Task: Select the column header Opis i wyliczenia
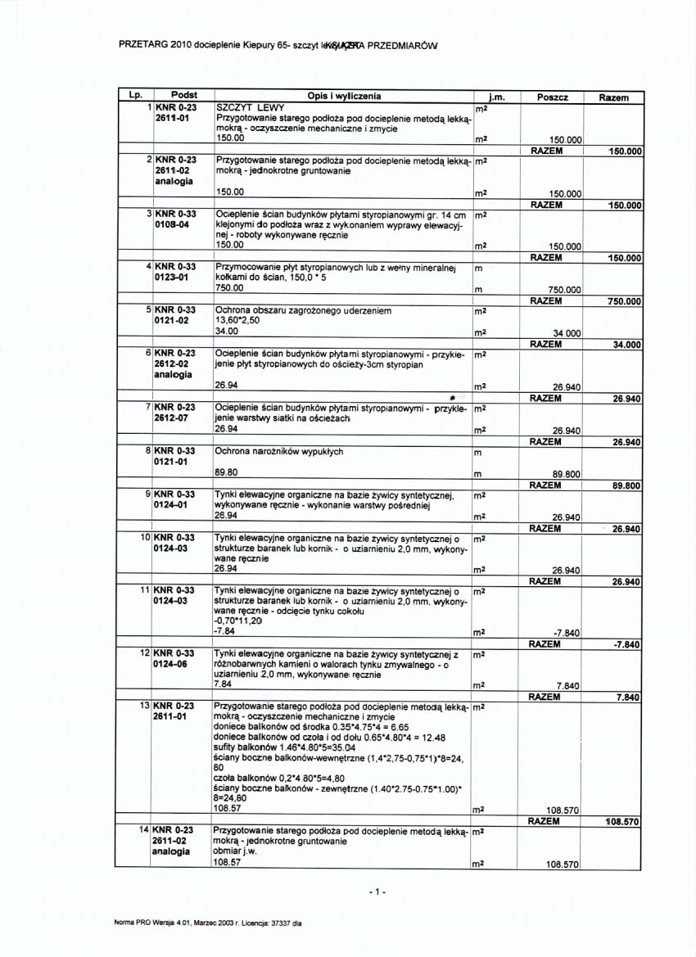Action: click(344, 97)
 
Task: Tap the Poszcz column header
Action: click(553, 97)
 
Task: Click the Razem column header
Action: click(613, 97)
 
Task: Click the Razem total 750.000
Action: click(623, 301)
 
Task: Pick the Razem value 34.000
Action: click(626, 345)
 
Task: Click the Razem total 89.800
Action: click(626, 485)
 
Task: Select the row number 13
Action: click(144, 705)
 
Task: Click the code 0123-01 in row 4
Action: click(173, 278)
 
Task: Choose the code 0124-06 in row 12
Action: click(173, 665)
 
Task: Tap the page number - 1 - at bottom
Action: click(377, 891)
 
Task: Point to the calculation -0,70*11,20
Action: click(237, 621)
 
